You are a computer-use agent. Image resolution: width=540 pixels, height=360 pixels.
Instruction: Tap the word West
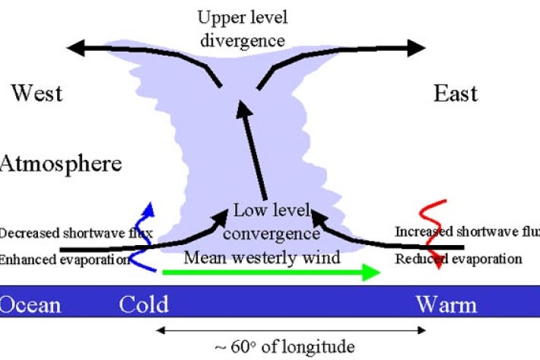[37, 94]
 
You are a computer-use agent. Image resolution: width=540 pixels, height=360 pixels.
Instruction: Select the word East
[456, 94]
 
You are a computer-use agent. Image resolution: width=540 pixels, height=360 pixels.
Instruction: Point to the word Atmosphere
[61, 164]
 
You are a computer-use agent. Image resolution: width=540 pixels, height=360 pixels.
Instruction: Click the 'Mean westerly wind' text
[262, 257]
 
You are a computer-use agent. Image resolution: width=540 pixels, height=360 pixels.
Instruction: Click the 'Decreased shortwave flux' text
[76, 233]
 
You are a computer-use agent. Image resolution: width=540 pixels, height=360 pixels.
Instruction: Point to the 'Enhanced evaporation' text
[65, 260]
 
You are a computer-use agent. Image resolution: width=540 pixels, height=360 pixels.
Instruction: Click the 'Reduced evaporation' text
[459, 259]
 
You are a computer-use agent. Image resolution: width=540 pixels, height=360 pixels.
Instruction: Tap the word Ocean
[30, 305]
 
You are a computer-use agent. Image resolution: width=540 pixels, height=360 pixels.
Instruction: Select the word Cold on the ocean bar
[144, 305]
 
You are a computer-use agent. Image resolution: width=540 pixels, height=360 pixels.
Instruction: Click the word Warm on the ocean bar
[446, 305]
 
